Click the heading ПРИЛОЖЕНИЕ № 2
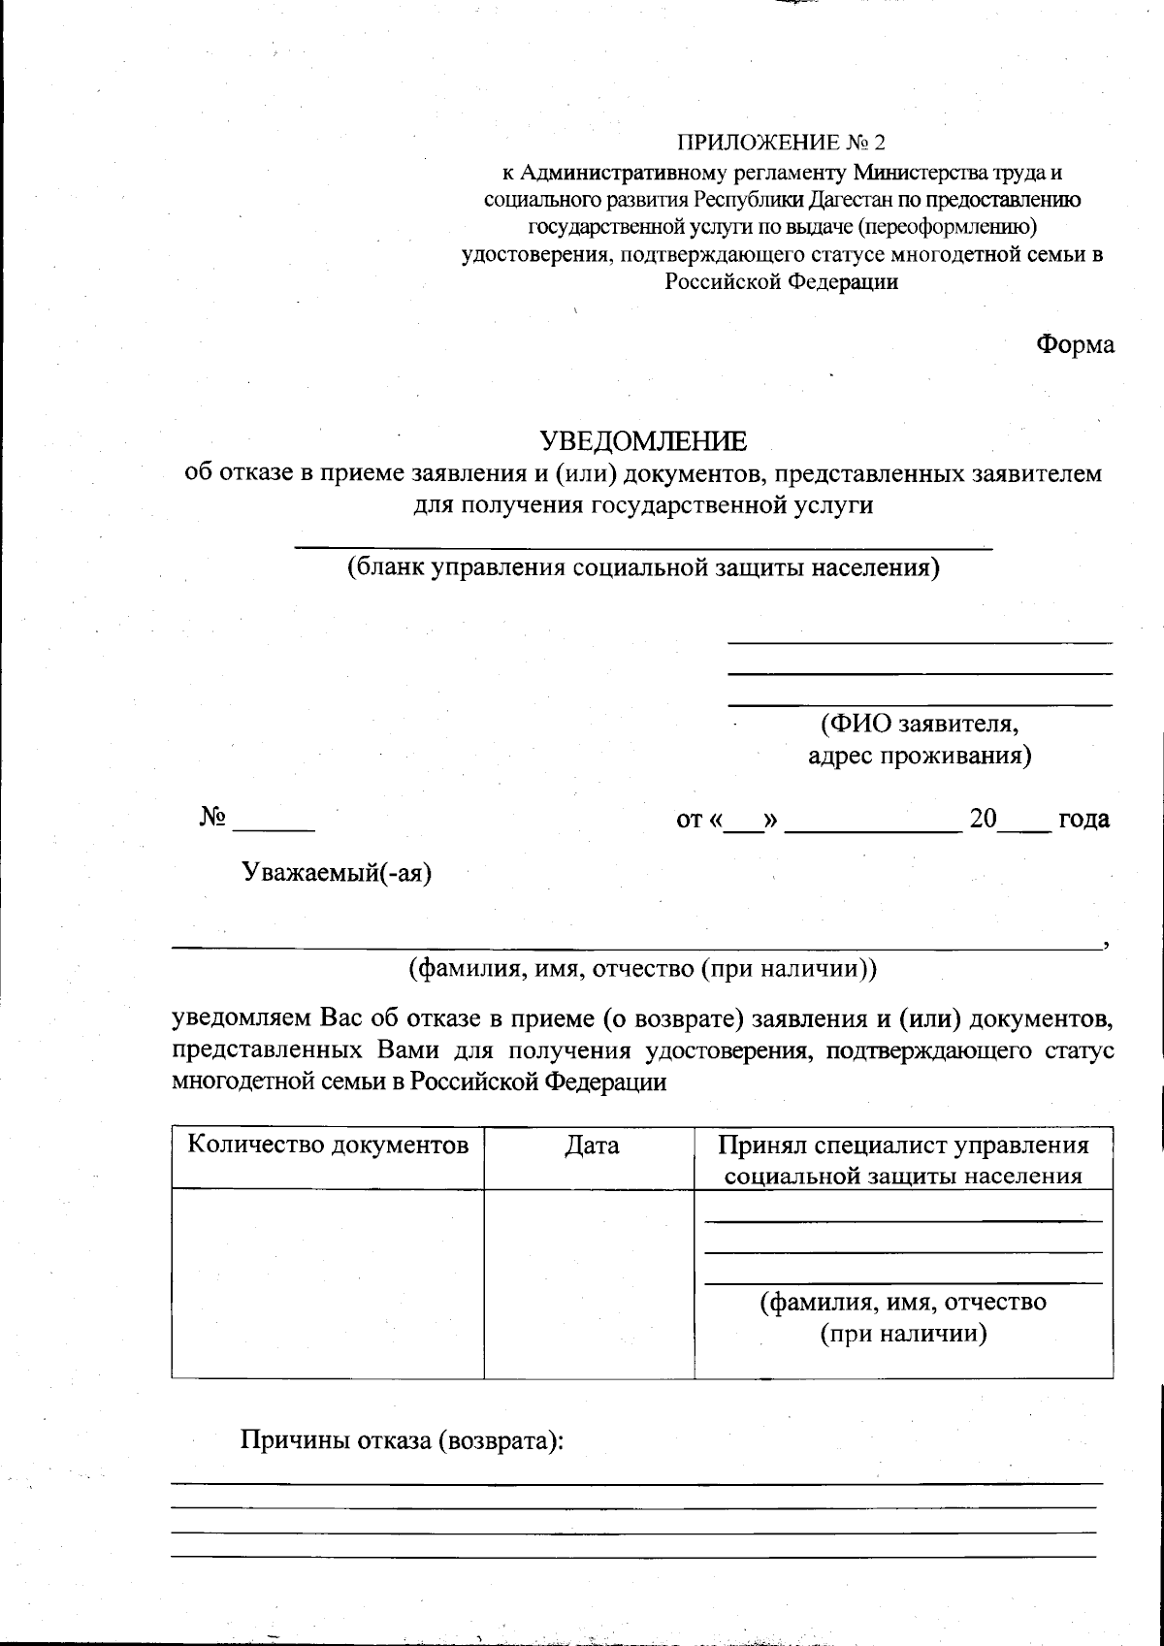click(x=781, y=144)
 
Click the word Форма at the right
click(x=1075, y=344)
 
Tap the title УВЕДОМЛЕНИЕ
click(x=644, y=441)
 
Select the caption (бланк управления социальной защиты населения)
click(x=644, y=567)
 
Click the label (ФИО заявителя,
click(x=919, y=724)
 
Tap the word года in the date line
click(x=1083, y=819)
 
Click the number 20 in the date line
click(x=983, y=819)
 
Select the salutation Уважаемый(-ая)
click(x=337, y=872)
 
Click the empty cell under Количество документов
click(x=328, y=1282)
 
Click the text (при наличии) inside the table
click(x=903, y=1334)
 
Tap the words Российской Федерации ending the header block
click(x=781, y=282)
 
